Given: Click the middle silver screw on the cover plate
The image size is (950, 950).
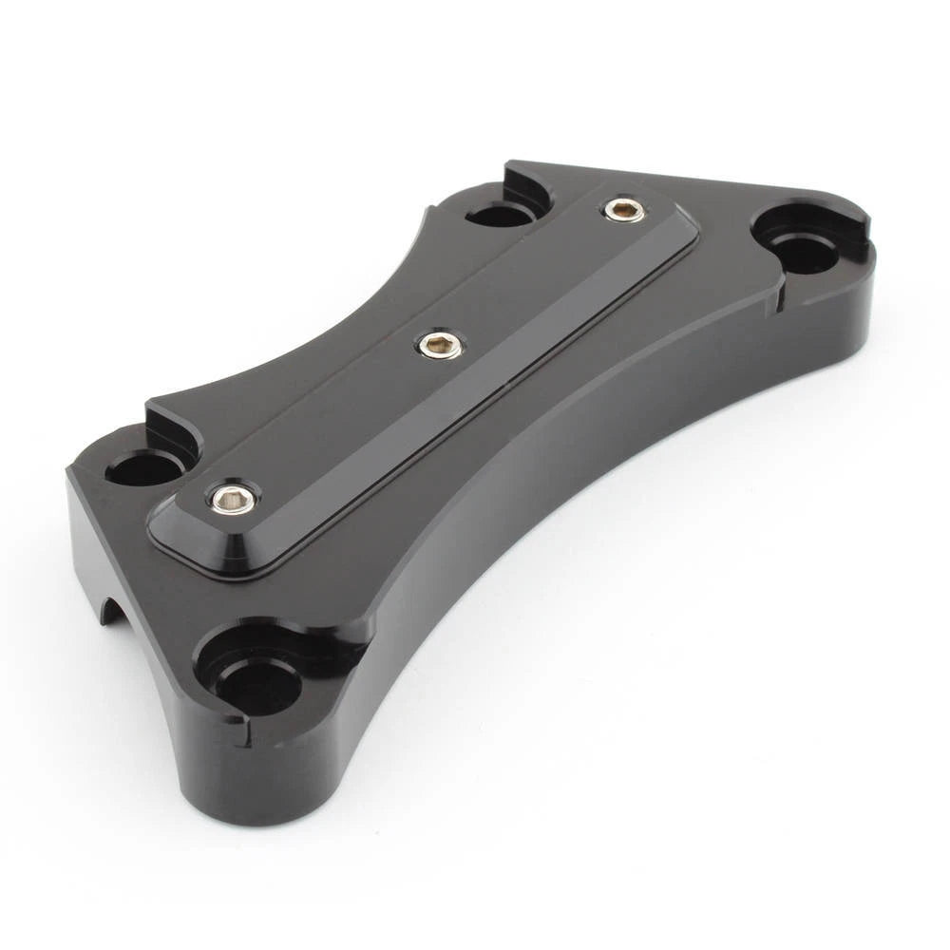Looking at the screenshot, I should pyautogui.click(x=440, y=345).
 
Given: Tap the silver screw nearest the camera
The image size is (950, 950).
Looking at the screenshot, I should pyautogui.click(x=231, y=498).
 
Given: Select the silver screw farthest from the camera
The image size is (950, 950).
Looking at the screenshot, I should pyautogui.click(x=624, y=210).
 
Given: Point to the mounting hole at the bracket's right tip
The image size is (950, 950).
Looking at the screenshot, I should pyautogui.click(x=805, y=250).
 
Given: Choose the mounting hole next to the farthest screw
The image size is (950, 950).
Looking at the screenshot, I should pyautogui.click(x=501, y=214).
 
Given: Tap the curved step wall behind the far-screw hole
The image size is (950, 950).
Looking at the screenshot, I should pyautogui.click(x=527, y=185).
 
